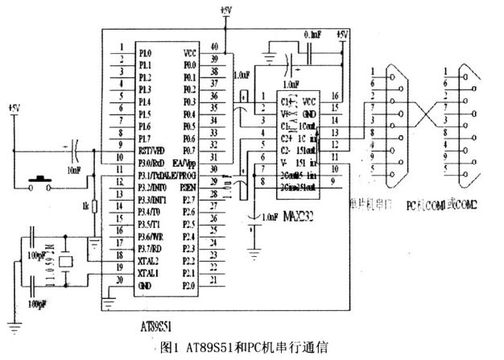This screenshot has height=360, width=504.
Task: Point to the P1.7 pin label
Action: click(145, 139)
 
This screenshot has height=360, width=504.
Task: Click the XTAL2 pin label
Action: click(149, 261)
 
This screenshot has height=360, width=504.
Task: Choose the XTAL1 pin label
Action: click(149, 274)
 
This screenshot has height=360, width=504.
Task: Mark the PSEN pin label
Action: click(188, 184)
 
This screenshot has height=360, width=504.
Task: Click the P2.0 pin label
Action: click(188, 285)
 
